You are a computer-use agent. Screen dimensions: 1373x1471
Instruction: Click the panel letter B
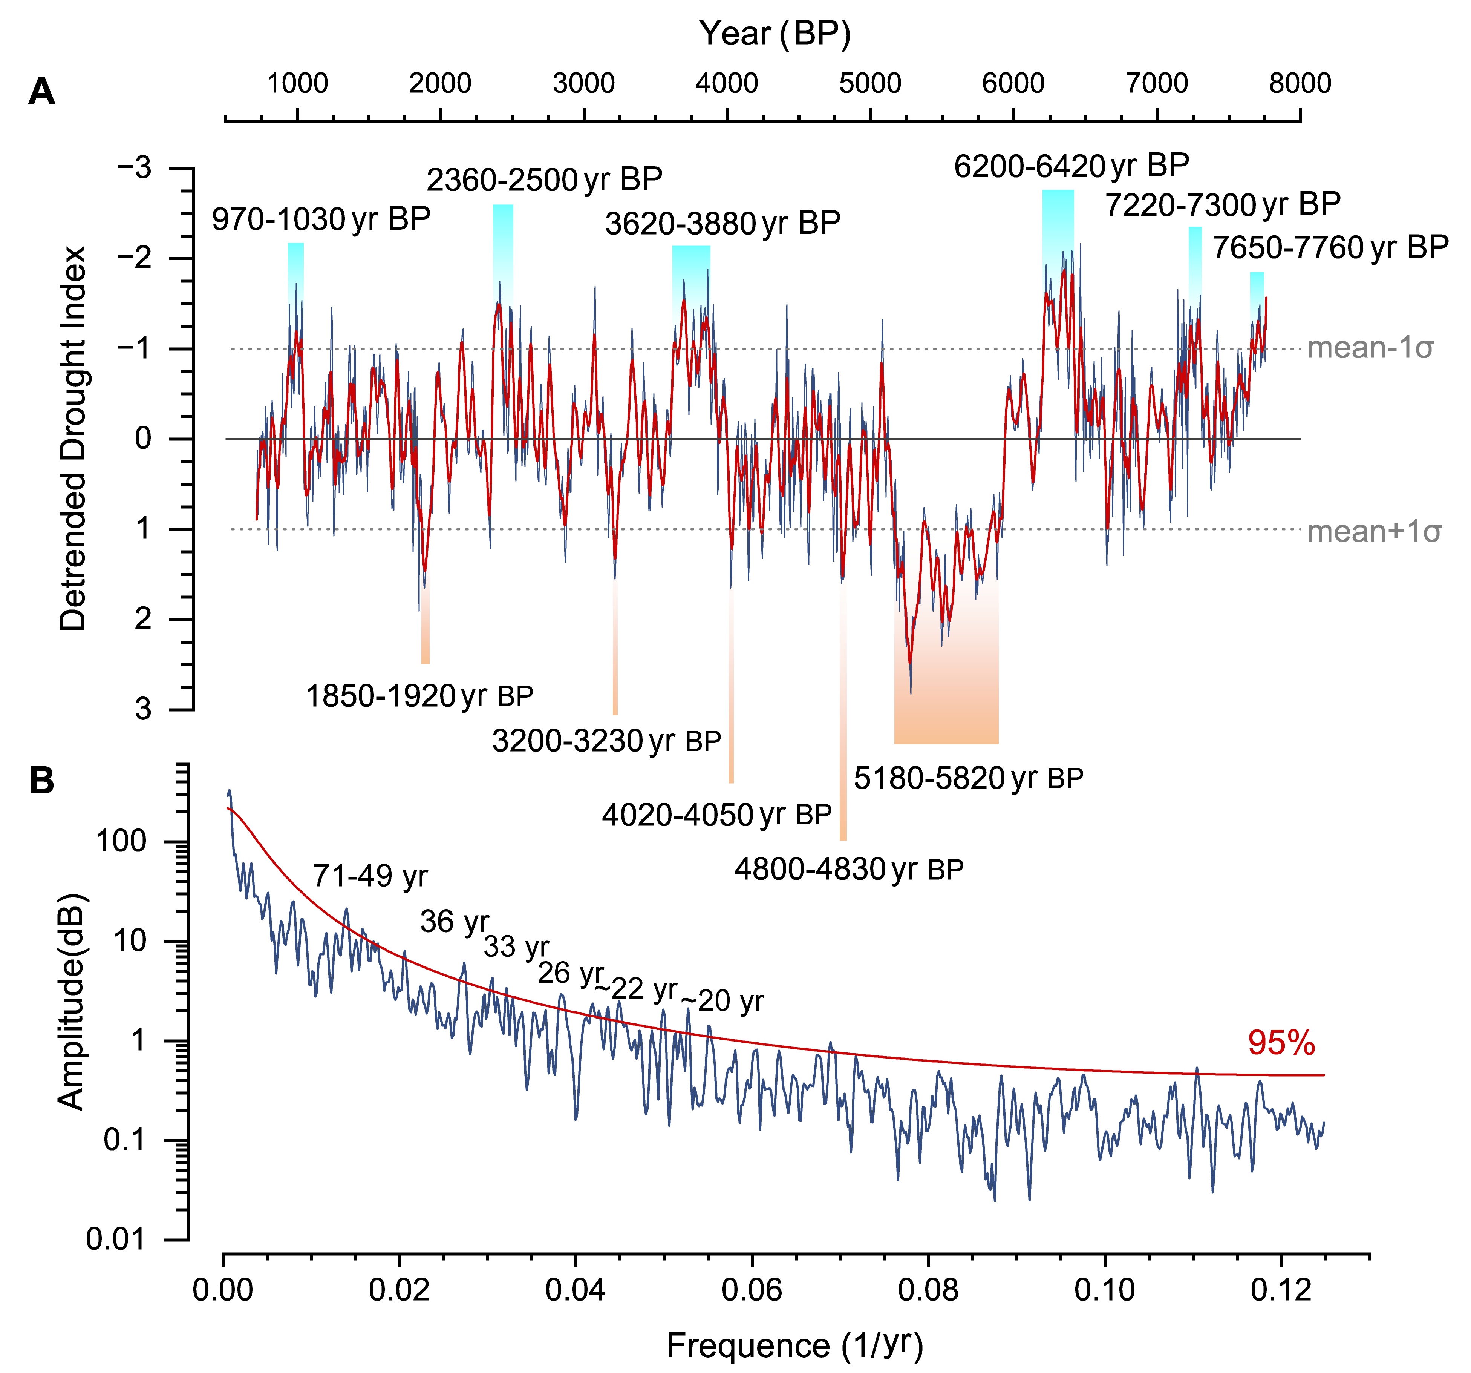[x=41, y=780]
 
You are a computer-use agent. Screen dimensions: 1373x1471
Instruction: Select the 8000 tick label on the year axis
[x=1300, y=83]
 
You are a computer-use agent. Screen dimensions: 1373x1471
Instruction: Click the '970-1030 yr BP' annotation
[x=321, y=219]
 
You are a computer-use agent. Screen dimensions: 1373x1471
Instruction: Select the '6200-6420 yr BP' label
[x=1071, y=166]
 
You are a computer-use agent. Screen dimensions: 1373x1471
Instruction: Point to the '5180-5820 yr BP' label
[x=969, y=778]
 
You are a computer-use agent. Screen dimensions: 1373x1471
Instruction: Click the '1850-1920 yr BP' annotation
[x=419, y=696]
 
